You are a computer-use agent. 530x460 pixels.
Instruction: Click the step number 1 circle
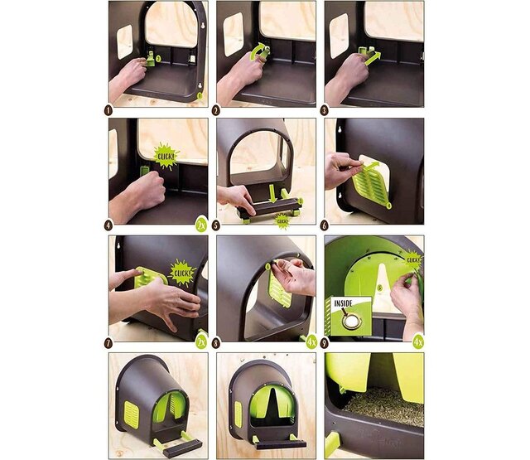[108, 108]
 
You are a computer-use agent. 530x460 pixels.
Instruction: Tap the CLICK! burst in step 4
[166, 155]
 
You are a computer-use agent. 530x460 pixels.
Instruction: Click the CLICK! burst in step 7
[181, 271]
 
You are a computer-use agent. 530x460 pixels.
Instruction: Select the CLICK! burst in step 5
[283, 221]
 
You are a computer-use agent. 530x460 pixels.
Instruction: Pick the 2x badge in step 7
[200, 341]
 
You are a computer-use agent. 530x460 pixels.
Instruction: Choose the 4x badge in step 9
[418, 341]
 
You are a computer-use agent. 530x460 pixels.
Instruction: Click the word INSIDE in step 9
[343, 303]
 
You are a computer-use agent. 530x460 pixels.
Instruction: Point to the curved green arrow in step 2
[261, 51]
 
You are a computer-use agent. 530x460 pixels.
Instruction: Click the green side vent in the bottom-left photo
[130, 411]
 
